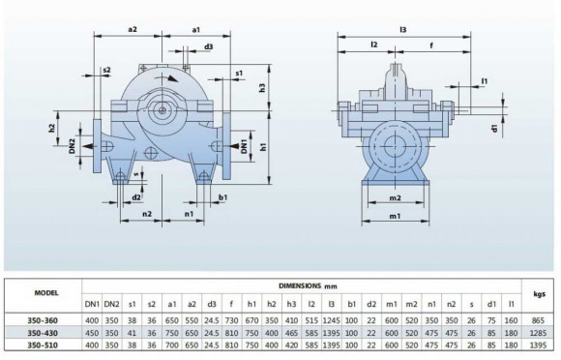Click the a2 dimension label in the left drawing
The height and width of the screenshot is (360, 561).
coord(133,30)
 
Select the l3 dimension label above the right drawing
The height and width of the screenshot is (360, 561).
coord(402,29)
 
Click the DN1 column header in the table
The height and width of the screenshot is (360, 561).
coord(92,305)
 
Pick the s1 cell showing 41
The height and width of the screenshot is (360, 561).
coord(133,332)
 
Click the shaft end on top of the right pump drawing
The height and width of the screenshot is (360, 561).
coord(401,71)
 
